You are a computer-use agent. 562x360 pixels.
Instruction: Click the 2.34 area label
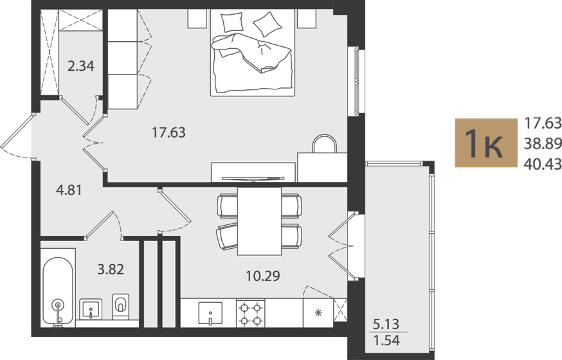click(81, 66)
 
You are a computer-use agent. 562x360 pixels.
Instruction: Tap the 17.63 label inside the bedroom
click(168, 132)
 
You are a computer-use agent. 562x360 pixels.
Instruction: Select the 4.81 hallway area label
click(69, 190)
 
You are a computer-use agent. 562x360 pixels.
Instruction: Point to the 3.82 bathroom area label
click(111, 269)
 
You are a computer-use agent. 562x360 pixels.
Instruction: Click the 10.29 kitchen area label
click(263, 276)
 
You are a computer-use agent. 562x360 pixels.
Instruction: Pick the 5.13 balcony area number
click(386, 325)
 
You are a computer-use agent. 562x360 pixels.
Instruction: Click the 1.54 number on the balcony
click(386, 340)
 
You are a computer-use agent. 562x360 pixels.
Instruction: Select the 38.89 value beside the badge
click(543, 143)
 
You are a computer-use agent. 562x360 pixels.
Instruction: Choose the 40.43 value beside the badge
click(543, 164)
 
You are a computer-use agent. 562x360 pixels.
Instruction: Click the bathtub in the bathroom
click(58, 291)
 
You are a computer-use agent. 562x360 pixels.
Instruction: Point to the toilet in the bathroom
click(120, 307)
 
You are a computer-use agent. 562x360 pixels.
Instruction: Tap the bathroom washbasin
click(91, 309)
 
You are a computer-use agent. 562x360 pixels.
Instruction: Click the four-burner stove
click(251, 314)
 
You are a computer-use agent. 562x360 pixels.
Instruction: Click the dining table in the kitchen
click(260, 221)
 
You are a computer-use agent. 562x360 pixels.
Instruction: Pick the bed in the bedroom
click(252, 53)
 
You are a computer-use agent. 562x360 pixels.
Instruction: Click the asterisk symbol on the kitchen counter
click(318, 313)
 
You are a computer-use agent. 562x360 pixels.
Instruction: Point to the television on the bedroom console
click(253, 178)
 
